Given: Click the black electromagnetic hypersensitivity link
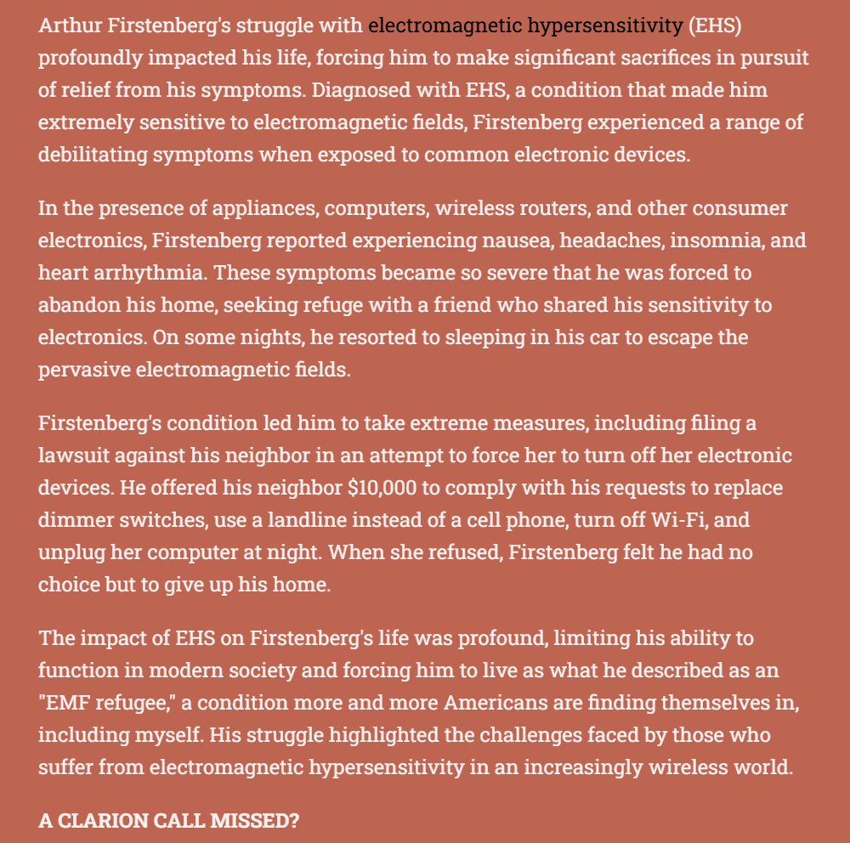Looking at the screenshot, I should (524, 25).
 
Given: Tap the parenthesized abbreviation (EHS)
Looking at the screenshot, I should (715, 25).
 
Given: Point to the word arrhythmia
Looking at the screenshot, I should (132, 273).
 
